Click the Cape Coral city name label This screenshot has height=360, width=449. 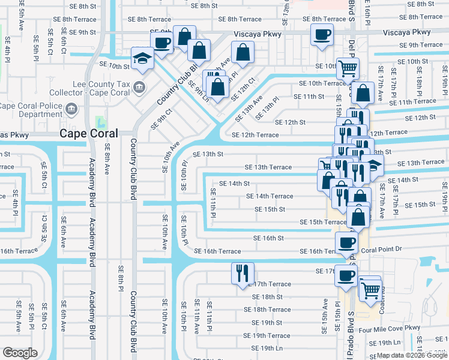pos(88,134)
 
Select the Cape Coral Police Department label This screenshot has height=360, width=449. pos(31,110)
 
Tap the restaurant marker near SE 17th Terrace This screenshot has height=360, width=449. pos(243,273)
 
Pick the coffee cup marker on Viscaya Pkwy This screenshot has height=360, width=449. pos(322,34)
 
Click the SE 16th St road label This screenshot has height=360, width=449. pos(268,238)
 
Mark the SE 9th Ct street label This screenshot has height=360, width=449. pos(161,118)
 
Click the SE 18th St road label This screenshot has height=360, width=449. pos(267,296)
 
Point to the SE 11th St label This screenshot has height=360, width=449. pos(309,97)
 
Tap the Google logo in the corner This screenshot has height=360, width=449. pos(20,353)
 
